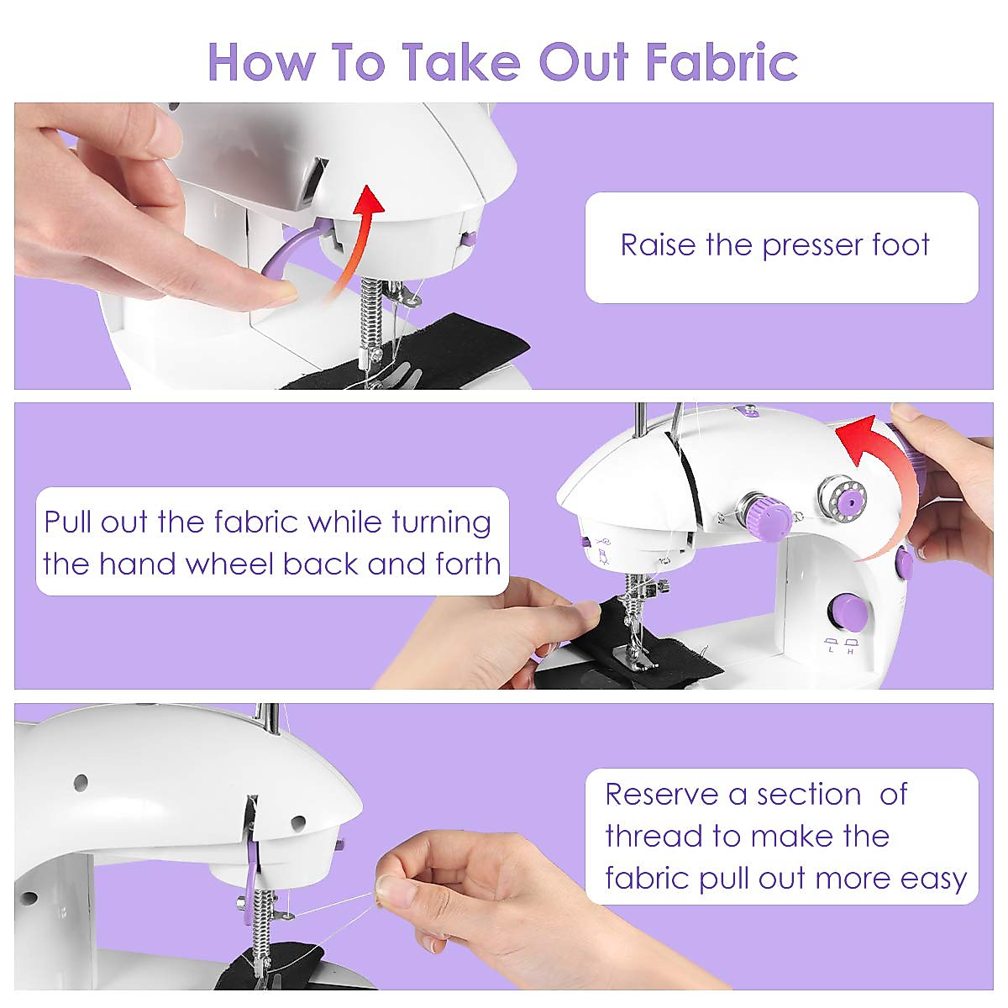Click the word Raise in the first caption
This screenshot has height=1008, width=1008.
coord(659,245)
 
